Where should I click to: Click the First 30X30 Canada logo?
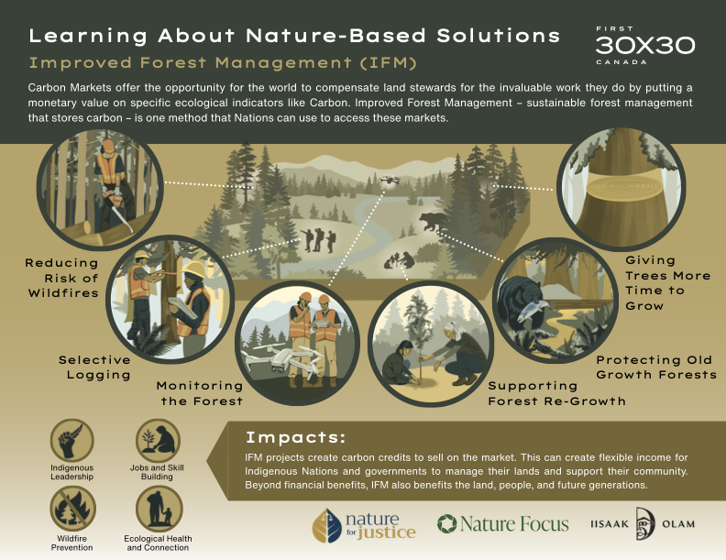point(645,45)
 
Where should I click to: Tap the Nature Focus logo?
point(503,524)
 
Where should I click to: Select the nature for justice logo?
point(364,525)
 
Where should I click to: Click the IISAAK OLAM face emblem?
point(645,523)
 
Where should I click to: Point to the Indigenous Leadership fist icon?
point(71,441)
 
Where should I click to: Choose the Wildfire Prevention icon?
point(72,509)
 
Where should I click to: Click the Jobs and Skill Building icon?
point(158,441)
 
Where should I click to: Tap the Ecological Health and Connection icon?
point(159,509)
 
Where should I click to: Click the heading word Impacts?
point(296,437)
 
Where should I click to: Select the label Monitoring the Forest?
point(200,393)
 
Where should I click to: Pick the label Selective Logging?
point(95,368)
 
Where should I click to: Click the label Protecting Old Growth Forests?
point(656,368)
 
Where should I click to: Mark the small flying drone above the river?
point(389,180)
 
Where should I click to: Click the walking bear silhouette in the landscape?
point(433,222)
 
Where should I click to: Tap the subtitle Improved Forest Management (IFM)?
point(223,62)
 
